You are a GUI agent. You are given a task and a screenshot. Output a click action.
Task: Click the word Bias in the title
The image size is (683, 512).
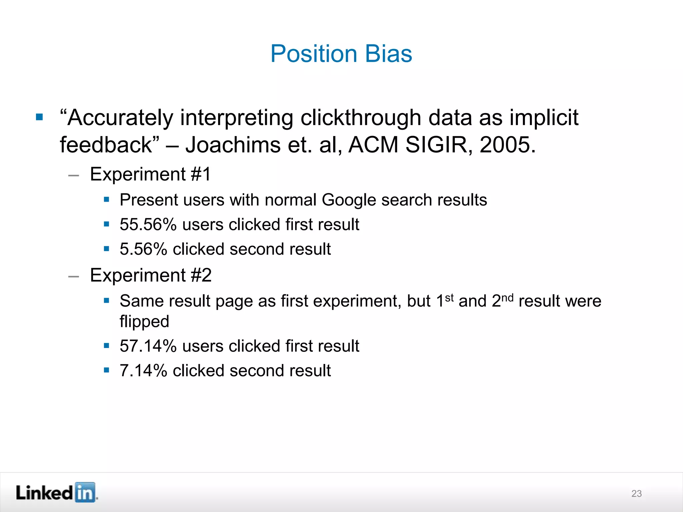click(x=389, y=54)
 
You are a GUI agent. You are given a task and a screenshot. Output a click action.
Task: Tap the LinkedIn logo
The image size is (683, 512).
click(x=57, y=492)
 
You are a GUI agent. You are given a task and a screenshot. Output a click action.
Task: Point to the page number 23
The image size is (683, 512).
click(x=636, y=493)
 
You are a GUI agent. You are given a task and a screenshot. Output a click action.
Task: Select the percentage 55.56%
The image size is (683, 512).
click(x=148, y=224)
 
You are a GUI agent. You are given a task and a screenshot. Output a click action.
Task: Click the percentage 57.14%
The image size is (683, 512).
click(x=148, y=346)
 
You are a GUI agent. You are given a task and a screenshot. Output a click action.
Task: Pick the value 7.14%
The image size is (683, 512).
click(x=143, y=370)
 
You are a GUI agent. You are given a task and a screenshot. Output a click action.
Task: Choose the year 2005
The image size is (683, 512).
click(x=507, y=145)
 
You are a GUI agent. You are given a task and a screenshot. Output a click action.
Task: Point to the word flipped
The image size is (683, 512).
click(x=144, y=322)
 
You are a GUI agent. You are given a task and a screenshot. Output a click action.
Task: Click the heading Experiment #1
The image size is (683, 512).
click(x=150, y=174)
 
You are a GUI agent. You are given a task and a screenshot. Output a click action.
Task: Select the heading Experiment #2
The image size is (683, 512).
click(x=151, y=275)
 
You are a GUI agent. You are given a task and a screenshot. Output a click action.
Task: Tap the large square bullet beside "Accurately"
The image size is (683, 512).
click(x=39, y=117)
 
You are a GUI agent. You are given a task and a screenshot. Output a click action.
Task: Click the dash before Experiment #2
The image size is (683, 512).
click(x=73, y=276)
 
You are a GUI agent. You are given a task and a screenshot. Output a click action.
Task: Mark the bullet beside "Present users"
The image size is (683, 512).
click(x=106, y=200)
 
